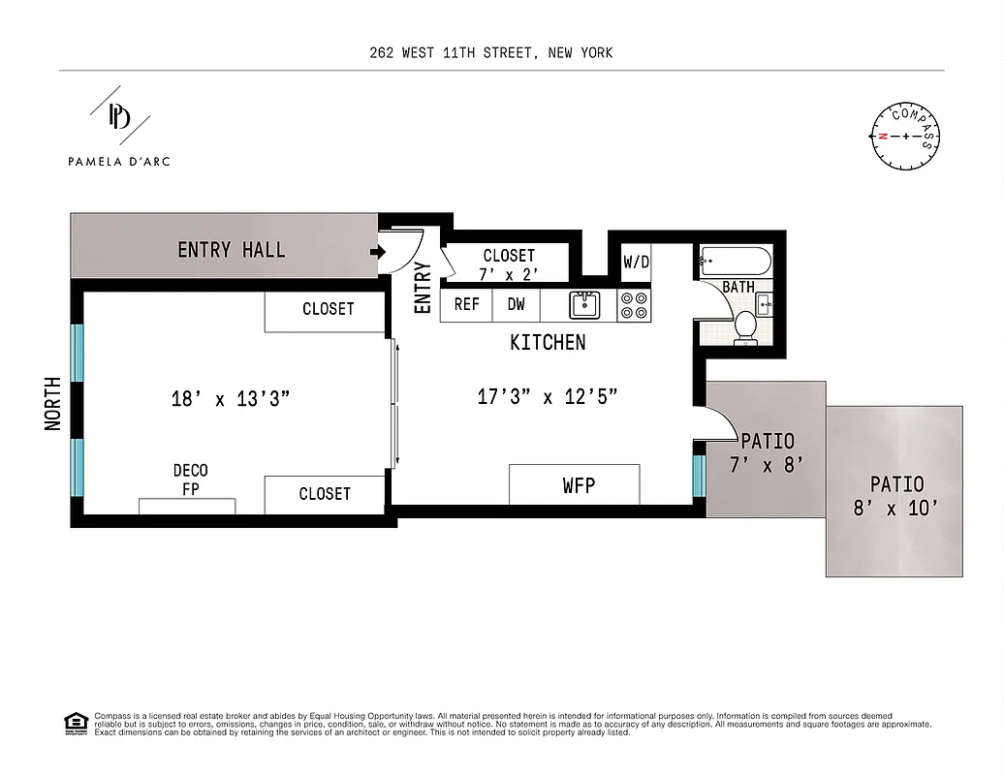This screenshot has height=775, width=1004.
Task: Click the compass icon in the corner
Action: click(906, 136)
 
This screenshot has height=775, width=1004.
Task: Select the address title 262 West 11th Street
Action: click(490, 52)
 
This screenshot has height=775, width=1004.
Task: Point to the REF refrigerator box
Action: click(466, 304)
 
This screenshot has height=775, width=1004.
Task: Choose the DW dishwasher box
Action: click(517, 304)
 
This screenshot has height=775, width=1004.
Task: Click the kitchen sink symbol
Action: click(583, 305)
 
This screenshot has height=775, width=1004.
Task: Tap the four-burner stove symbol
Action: click(634, 305)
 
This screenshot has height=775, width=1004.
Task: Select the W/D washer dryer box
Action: click(636, 262)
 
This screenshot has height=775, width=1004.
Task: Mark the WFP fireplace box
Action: click(574, 484)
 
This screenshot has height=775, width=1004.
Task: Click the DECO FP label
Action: click(190, 480)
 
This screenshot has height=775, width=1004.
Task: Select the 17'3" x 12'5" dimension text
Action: click(547, 396)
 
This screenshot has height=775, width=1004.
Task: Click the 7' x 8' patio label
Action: click(766, 452)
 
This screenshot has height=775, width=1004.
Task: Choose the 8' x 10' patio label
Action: click(895, 495)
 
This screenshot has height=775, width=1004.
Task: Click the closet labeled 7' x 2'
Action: click(508, 264)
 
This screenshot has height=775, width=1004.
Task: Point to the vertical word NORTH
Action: click(53, 403)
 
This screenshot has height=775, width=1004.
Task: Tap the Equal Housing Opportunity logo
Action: click(74, 722)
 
